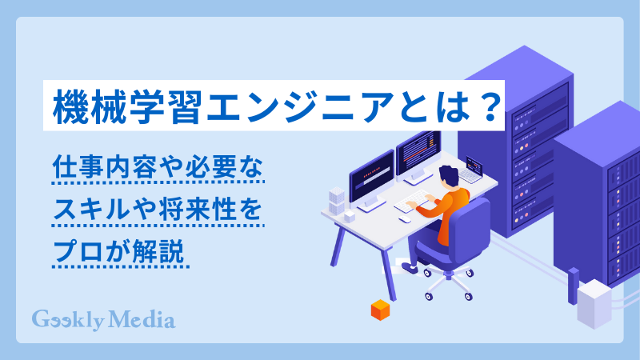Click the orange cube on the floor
click(378, 310)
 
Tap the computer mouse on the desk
click(406, 218)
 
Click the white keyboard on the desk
click(417, 201)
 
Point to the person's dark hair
click(449, 175)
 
